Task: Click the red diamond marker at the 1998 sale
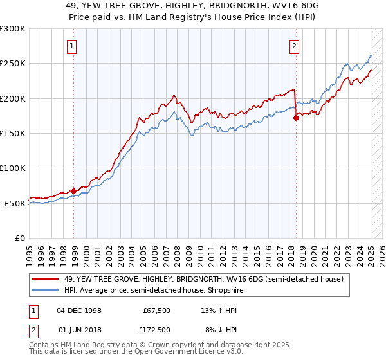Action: [x=74, y=191]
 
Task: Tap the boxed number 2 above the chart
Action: [x=294, y=46]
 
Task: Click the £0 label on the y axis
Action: [x=20, y=238]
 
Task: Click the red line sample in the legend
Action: [x=45, y=279]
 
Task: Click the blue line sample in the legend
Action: [x=45, y=290]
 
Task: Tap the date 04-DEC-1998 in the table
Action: [x=79, y=310]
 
